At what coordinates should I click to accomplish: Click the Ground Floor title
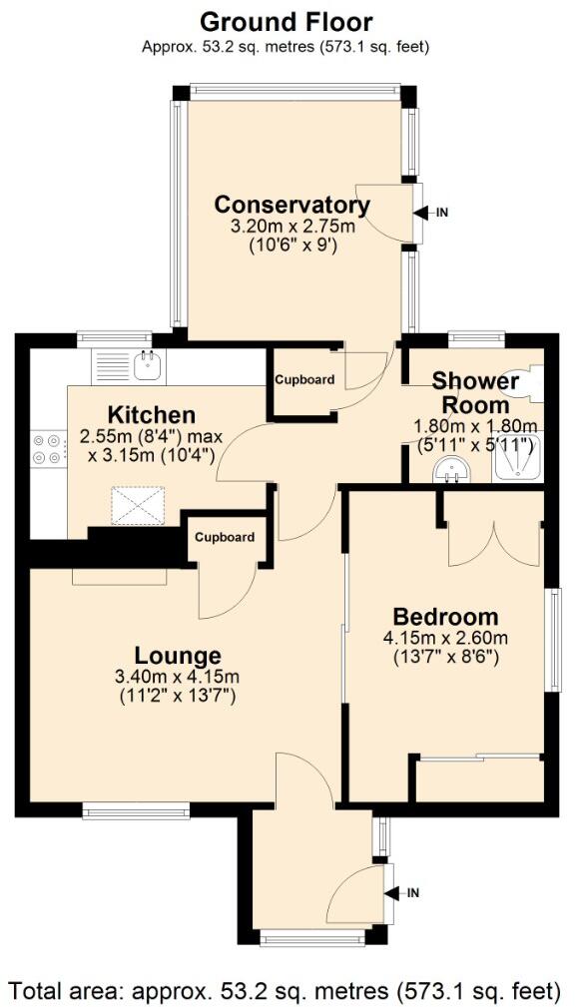click(288, 20)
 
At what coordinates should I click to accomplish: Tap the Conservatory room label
click(292, 205)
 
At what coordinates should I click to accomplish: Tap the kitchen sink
click(148, 366)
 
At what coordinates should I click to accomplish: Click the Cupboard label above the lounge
click(224, 537)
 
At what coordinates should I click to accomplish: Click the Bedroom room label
click(444, 616)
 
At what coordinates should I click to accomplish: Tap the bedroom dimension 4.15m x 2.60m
click(444, 639)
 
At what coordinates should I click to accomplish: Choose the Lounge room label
click(178, 656)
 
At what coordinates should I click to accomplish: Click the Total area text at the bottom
click(288, 990)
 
